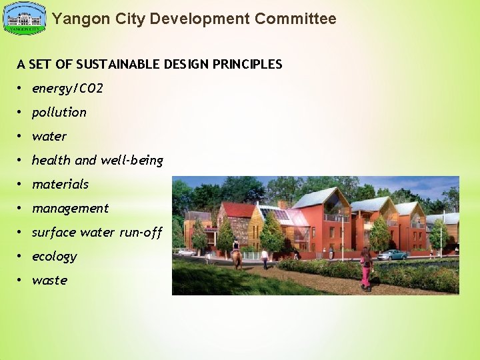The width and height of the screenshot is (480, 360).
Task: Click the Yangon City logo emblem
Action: pos(25,19)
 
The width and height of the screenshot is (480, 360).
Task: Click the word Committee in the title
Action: pos(296,19)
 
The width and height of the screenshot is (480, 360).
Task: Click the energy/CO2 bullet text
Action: pos(67,88)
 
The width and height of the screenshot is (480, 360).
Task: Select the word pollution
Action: pos(59,112)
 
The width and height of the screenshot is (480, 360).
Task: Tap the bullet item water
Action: pos(49,136)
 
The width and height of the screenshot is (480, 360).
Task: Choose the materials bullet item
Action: pos(60,184)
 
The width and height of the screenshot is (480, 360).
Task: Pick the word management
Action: pos(70,208)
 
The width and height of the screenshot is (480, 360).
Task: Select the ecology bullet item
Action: pos(54,256)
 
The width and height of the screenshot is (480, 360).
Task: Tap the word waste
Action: pos(49,280)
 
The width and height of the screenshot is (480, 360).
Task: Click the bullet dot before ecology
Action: pos(21,256)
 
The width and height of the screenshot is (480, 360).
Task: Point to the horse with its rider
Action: pos(237,256)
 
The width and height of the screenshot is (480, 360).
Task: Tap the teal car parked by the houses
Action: pos(392,254)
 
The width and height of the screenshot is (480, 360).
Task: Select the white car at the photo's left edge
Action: pos(184,253)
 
